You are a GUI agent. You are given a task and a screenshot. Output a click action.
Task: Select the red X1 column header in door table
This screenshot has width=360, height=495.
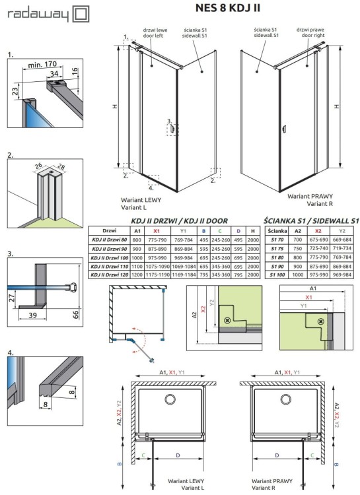point(156,231)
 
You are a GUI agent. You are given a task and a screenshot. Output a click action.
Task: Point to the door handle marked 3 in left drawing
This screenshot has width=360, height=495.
point(173,130)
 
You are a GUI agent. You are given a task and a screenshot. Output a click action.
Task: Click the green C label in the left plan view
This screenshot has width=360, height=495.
point(144,455)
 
